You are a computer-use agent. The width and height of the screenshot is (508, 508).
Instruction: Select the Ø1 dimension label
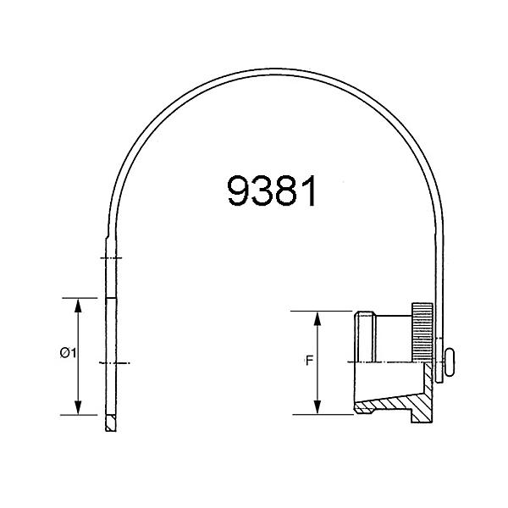69,354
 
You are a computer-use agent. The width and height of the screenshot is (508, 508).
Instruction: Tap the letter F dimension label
310,360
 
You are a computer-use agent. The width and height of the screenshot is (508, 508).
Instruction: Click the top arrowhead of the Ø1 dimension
79,303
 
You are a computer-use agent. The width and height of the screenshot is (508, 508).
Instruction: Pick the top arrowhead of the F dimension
318,316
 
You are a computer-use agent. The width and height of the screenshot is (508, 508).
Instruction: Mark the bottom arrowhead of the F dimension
318,409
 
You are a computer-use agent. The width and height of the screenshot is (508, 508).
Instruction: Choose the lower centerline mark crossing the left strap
113,362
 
